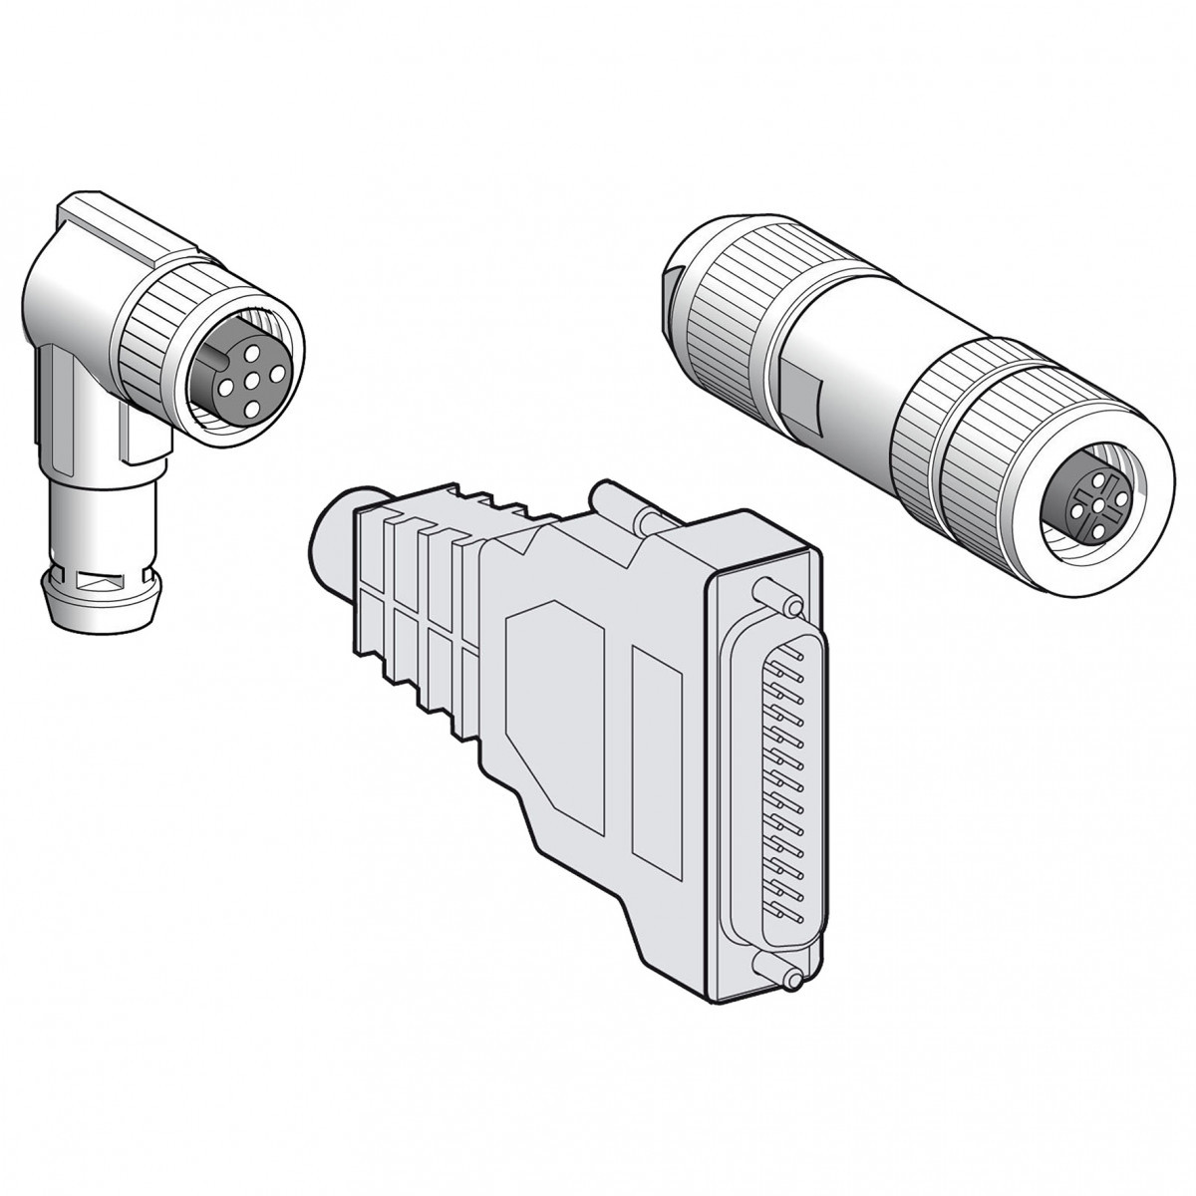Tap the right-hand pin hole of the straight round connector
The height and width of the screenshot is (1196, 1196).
click(x=1119, y=495)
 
